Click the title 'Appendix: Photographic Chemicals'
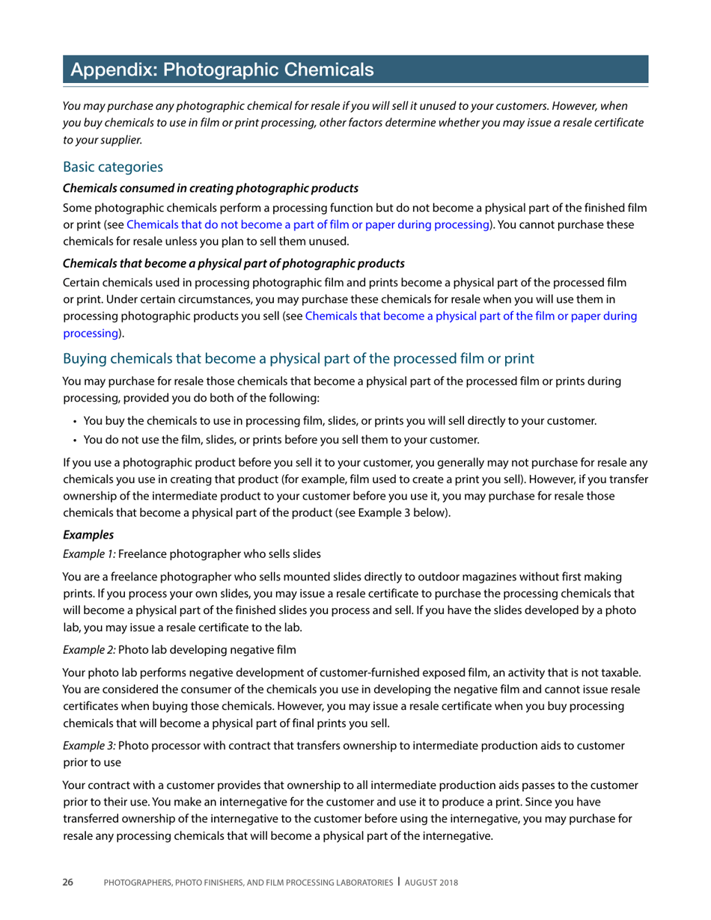(x=221, y=70)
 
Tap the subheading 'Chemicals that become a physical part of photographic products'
(x=234, y=263)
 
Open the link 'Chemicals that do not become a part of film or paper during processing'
(x=308, y=224)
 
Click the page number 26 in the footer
(x=68, y=883)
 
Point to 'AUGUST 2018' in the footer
(x=430, y=883)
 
